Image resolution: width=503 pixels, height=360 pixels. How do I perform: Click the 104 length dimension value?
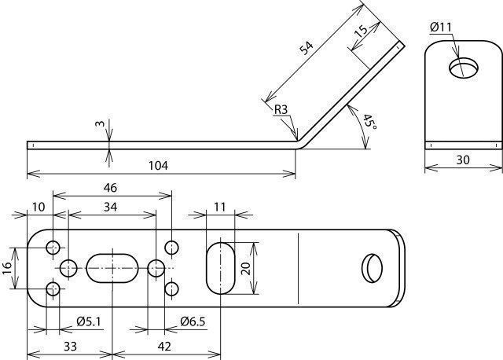(x=158, y=166)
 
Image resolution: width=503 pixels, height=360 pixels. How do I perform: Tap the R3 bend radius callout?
(x=281, y=110)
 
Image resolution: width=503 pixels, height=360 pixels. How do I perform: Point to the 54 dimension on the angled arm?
(x=306, y=47)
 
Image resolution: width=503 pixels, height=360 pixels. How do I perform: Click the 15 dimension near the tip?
(x=361, y=31)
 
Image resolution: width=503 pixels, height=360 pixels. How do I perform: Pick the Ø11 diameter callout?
(x=441, y=28)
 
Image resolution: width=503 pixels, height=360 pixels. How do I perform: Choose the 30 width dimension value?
(x=463, y=160)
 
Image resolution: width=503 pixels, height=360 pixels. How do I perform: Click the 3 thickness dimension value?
(x=101, y=123)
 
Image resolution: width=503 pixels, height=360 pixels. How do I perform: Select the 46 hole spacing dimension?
(x=110, y=188)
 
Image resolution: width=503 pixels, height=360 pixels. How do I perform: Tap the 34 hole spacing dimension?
(x=110, y=207)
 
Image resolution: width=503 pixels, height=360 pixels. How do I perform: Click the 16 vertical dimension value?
(x=7, y=268)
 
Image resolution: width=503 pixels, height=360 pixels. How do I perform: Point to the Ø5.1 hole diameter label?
(x=88, y=321)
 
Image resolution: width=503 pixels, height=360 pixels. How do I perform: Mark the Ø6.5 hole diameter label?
(x=193, y=321)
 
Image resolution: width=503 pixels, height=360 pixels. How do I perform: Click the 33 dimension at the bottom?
(x=70, y=347)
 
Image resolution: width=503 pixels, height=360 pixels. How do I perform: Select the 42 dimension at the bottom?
(x=164, y=347)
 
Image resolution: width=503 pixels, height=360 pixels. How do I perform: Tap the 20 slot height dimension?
(x=246, y=268)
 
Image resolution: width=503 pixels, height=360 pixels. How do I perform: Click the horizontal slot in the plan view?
(x=112, y=268)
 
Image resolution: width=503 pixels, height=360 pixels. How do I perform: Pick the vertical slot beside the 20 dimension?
(x=220, y=268)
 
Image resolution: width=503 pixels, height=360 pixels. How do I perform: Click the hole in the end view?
(x=464, y=68)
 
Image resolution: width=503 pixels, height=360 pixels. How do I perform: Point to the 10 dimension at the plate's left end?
(x=39, y=207)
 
